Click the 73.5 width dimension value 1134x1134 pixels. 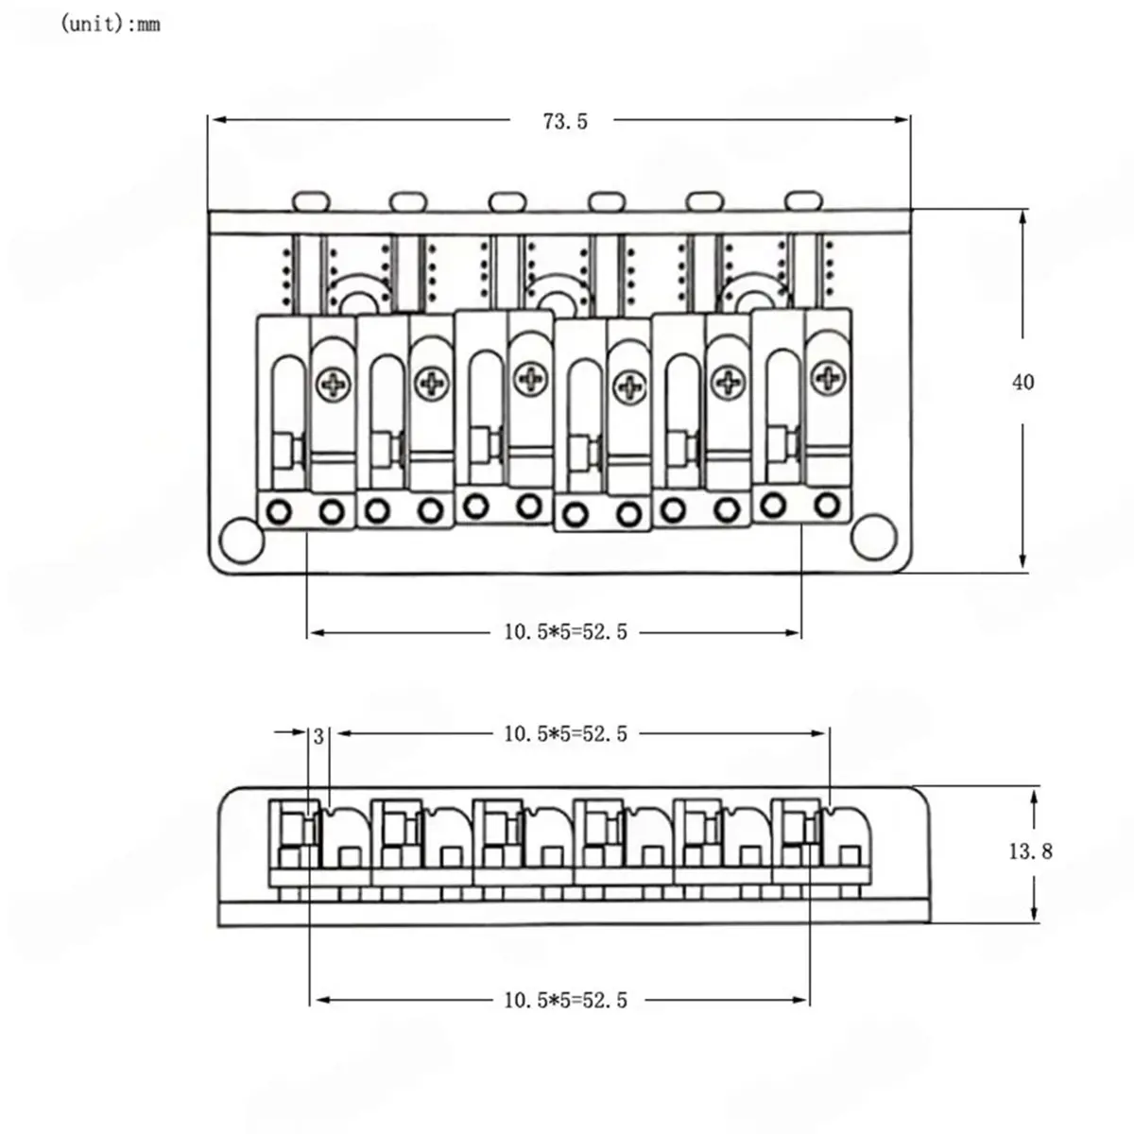pyautogui.click(x=565, y=121)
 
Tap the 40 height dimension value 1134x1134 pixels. pyautogui.click(x=1022, y=383)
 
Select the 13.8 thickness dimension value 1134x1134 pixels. pyautogui.click(x=1030, y=850)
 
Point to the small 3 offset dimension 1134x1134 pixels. pyautogui.click(x=318, y=737)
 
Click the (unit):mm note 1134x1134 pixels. pyautogui.click(x=110, y=25)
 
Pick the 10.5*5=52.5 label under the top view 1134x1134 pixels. pyautogui.click(x=565, y=632)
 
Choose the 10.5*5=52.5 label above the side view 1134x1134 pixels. pyautogui.click(x=565, y=734)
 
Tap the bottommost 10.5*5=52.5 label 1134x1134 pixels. pyautogui.click(x=565, y=1001)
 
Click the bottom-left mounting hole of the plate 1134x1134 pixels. pyautogui.click(x=242, y=541)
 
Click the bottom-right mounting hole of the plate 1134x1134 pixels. pyautogui.click(x=874, y=537)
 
